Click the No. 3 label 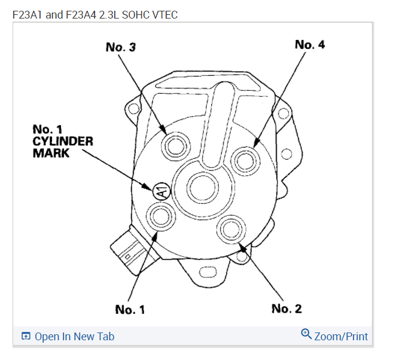point(120,47)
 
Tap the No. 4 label point(310,44)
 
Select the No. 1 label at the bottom point(130,309)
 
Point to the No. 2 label point(286,309)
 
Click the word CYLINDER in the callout point(63,141)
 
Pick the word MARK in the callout point(51,153)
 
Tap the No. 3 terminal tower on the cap point(175,145)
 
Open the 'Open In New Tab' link point(74,337)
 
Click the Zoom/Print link point(341,336)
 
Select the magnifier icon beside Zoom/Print point(306,334)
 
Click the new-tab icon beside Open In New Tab point(26,337)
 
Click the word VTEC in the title point(164,14)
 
